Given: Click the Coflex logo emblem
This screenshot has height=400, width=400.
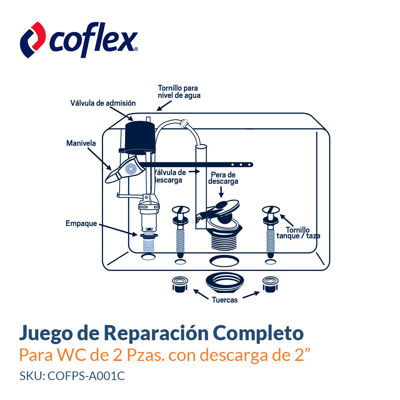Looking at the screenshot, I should coord(33,39).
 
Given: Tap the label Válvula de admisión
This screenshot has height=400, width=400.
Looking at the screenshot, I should coord(103,103).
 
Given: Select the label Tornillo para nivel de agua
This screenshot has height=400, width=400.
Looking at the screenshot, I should coord(179,92).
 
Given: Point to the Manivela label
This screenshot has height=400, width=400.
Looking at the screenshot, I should coord(81,143).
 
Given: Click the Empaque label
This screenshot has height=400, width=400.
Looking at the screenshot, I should coord(81,224).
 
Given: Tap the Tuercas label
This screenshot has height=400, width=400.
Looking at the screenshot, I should coord(225,300).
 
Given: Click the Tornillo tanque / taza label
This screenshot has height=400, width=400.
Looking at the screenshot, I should coord(298,233).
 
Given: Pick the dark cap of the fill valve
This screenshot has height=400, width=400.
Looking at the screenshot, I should coord(140,137).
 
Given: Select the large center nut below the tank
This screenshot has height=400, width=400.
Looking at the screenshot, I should coord(225,282).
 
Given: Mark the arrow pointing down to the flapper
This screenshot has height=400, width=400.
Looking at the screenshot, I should coord(221,191).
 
